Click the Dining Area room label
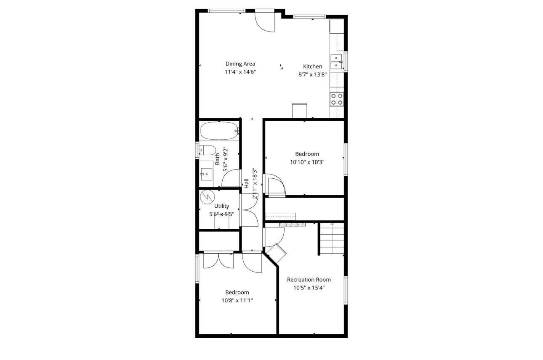[x=240, y=64]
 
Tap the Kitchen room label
[x=313, y=66]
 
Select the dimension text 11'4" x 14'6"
[x=240, y=72]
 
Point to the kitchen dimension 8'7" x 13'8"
[x=313, y=74]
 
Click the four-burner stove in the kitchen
[x=337, y=99]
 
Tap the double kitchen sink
[x=337, y=62]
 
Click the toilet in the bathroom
[x=207, y=150]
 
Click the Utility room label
[x=221, y=206]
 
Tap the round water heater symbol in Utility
[x=207, y=197]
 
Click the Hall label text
[x=246, y=183]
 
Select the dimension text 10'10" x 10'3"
[x=307, y=162]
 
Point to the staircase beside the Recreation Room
[x=332, y=239]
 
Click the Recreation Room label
[x=309, y=280]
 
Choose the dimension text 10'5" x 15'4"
[x=309, y=288]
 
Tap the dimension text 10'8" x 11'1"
[x=237, y=300]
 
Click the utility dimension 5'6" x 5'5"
[x=221, y=214]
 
